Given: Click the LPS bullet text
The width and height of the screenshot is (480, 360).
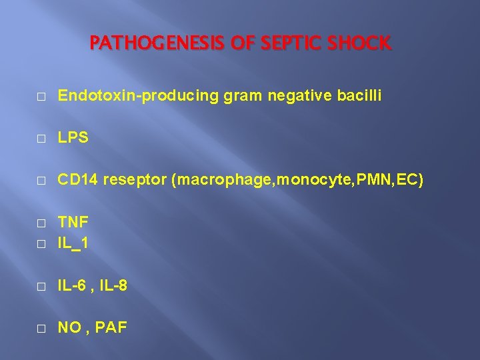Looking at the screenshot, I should click(x=73, y=137).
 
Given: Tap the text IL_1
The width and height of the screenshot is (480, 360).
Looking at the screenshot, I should click(x=73, y=244).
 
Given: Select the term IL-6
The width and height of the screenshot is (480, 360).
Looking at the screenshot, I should click(x=74, y=286).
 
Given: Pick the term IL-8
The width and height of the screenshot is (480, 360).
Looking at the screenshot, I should click(x=114, y=286).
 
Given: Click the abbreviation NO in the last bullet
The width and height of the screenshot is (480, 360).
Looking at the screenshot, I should click(x=69, y=328).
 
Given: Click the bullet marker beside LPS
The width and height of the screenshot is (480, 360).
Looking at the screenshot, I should click(x=41, y=138).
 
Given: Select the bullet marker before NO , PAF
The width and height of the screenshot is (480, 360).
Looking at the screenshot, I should click(x=41, y=329).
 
